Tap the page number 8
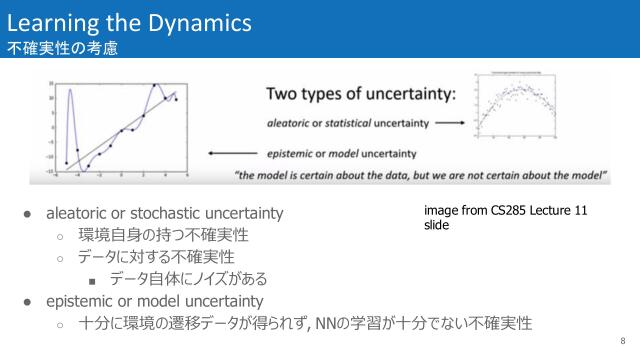(621, 339)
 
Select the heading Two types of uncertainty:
(360, 95)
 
